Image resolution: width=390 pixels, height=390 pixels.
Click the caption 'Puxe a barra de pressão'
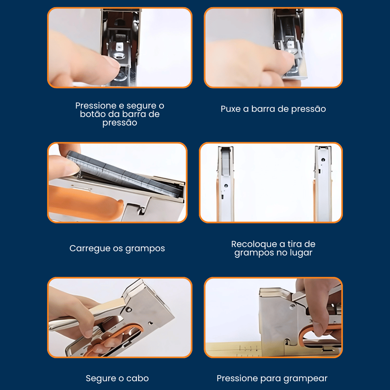[x=273, y=109]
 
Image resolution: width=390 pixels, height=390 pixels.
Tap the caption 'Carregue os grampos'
[x=117, y=249]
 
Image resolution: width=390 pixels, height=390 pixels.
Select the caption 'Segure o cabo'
[x=117, y=378]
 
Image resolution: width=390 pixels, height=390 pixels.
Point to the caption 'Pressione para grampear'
[x=272, y=378]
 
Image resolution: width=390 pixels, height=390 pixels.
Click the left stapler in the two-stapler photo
[x=225, y=184]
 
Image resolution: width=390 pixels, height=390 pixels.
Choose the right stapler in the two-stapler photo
[x=323, y=184]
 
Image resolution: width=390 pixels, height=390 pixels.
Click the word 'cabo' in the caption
[x=138, y=378]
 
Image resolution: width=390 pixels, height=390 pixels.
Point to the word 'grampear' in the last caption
[x=305, y=379]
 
